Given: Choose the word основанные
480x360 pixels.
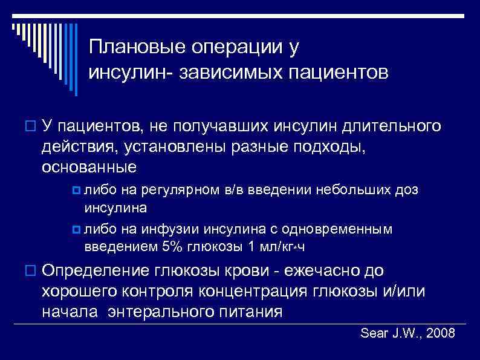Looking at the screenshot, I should (89, 166).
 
